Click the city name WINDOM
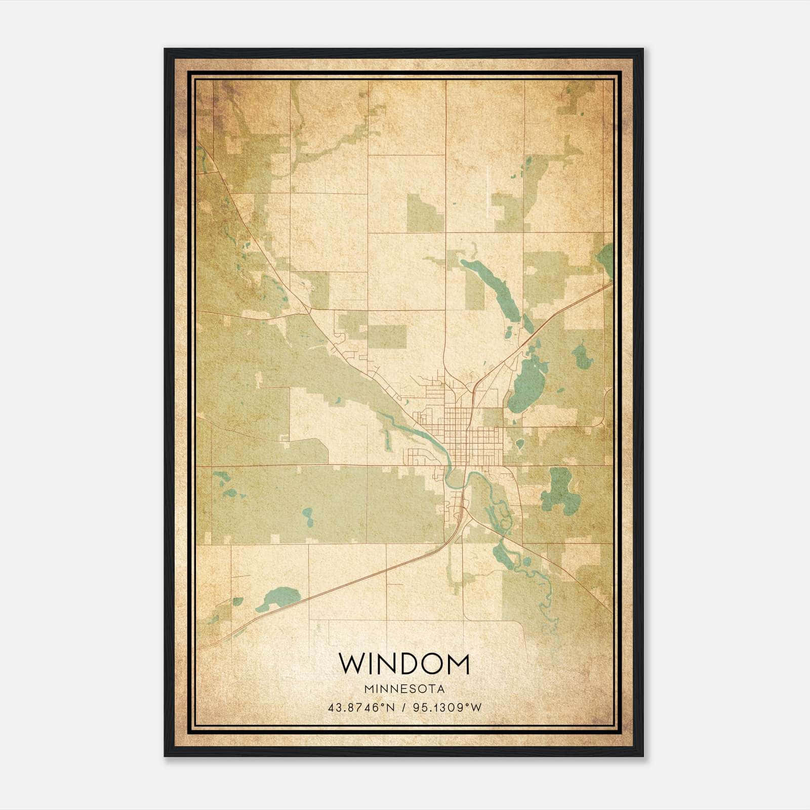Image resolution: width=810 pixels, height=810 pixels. tap(404, 664)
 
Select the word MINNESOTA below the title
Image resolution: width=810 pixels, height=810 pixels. tap(404, 689)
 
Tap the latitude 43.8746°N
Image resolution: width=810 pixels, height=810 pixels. tap(361, 707)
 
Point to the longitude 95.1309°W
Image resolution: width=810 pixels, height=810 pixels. tap(448, 707)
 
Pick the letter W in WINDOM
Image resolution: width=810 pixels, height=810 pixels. tap(351, 664)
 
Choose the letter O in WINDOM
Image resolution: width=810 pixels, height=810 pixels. tap(431, 664)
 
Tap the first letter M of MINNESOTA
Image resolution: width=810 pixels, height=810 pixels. tap(367, 689)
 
